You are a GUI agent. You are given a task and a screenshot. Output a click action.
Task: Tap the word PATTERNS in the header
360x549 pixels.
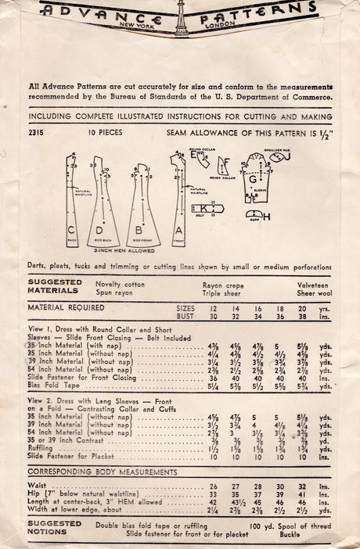[x=261, y=9]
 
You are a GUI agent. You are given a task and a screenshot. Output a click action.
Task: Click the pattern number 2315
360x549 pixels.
[x=36, y=133]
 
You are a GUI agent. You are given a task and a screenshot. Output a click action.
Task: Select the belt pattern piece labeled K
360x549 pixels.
[x=207, y=210]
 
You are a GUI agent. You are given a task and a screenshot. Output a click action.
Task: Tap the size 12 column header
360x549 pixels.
[x=213, y=308]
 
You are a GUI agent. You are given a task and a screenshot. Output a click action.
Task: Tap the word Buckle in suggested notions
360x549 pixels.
[x=297, y=534]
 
